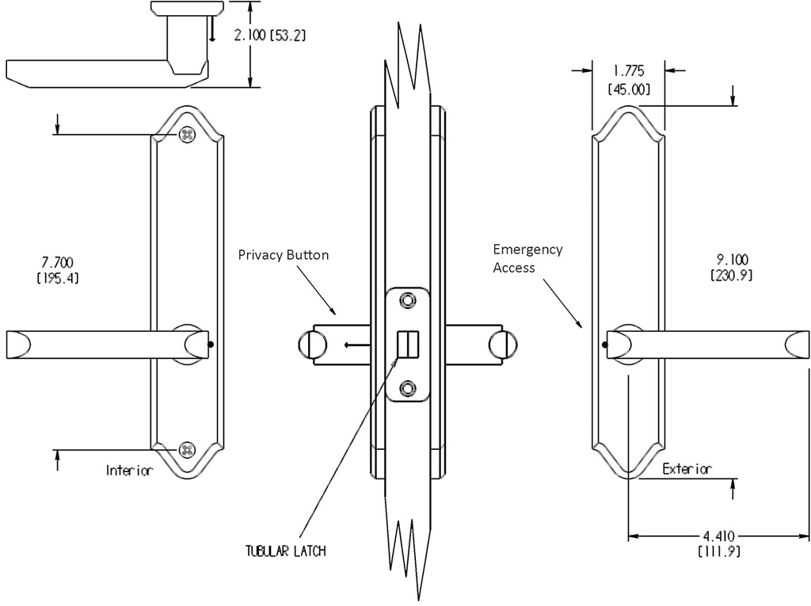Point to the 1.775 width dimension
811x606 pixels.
[x=629, y=72]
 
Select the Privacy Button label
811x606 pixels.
[x=283, y=255]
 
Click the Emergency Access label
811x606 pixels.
[x=527, y=258]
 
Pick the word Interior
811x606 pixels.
[x=129, y=471]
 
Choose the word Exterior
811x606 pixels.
[x=687, y=469]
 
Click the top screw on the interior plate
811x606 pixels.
[x=187, y=135]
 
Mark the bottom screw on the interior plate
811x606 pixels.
[x=187, y=449]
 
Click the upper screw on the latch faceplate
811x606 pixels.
[x=407, y=301]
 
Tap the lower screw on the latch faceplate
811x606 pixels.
[x=407, y=387]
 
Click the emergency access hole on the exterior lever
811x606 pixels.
[x=604, y=345]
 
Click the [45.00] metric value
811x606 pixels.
[x=629, y=90]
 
